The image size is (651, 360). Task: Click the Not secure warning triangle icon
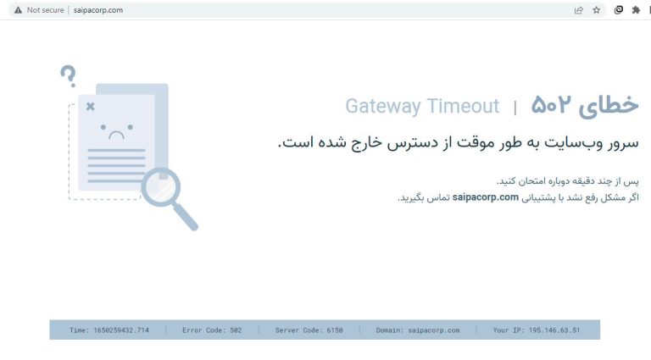tap(18, 10)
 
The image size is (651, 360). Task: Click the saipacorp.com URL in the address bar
tap(98, 10)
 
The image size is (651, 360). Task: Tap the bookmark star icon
tap(597, 10)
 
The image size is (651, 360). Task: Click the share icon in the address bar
tap(578, 10)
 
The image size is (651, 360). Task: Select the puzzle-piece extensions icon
tap(636, 10)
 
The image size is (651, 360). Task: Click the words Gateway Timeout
tap(422, 106)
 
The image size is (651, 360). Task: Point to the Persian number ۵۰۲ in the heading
tap(551, 104)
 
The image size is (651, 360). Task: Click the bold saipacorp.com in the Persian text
tap(486, 197)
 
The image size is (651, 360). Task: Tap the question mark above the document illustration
tap(69, 76)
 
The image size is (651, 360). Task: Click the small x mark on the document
tap(91, 107)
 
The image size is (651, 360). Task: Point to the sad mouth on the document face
tap(116, 135)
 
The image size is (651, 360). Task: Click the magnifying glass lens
tap(161, 187)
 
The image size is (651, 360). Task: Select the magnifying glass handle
tap(185, 217)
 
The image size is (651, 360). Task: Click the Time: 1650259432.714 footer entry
tap(109, 330)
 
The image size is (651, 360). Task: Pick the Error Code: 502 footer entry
tap(212, 330)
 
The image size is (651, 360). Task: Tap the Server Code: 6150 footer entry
tap(309, 330)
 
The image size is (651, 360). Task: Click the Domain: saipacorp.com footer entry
tap(418, 330)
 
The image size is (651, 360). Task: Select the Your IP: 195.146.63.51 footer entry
tap(537, 330)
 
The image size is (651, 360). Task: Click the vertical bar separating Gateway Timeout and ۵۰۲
tap(515, 108)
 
